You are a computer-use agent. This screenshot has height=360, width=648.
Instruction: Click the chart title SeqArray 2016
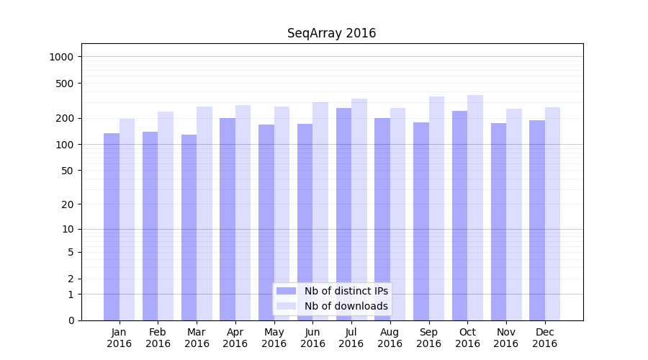pos(331,33)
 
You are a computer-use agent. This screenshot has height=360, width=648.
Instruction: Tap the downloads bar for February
pos(166,216)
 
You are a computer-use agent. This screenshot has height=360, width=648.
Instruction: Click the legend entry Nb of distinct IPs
pos(346,291)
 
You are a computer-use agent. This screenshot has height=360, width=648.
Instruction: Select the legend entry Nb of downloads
pos(346,306)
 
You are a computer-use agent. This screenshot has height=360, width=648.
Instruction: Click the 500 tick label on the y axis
pos(66,84)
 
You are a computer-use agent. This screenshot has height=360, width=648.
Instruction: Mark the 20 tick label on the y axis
pos(68,204)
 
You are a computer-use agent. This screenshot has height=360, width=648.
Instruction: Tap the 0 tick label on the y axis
pos(71,320)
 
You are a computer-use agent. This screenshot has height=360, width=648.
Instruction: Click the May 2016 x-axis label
pos(274,338)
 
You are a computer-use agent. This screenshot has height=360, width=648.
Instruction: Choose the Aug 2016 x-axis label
pos(390,338)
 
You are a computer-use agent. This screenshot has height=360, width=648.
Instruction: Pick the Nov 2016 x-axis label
pos(506,338)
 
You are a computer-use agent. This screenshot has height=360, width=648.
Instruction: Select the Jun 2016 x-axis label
pos(312,338)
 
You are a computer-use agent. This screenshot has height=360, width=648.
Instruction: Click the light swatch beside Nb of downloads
pos(286,306)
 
